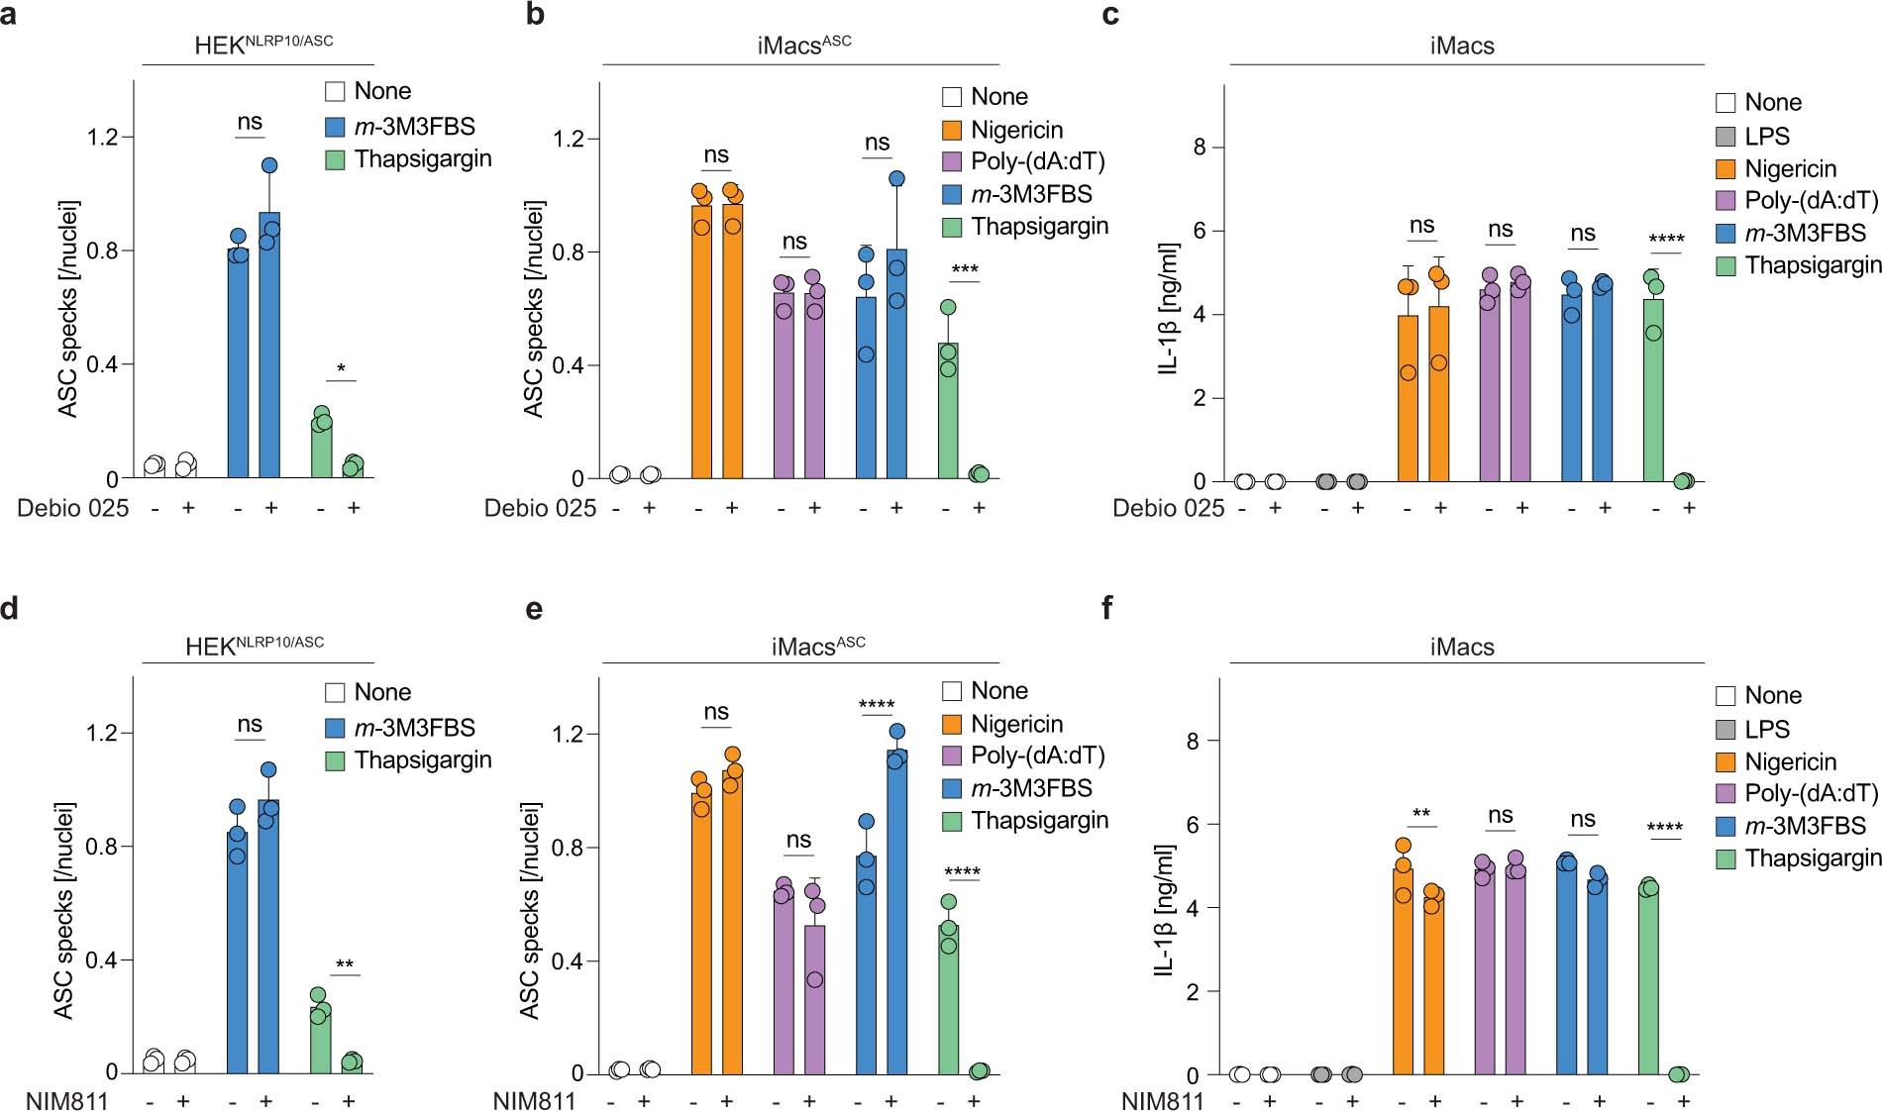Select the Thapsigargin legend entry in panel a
[x=422, y=159]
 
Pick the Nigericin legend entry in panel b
[x=1016, y=130]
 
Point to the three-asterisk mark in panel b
[x=964, y=270]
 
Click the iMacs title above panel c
[x=1462, y=46]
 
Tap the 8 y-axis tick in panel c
[x=1200, y=148]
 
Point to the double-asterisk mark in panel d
[x=344, y=964]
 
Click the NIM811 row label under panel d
[x=67, y=1100]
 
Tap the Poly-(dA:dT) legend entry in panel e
[x=1037, y=756]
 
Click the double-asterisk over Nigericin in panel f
[x=1420, y=815]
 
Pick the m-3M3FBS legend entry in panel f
[x=1805, y=826]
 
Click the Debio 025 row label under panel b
[x=540, y=508]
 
